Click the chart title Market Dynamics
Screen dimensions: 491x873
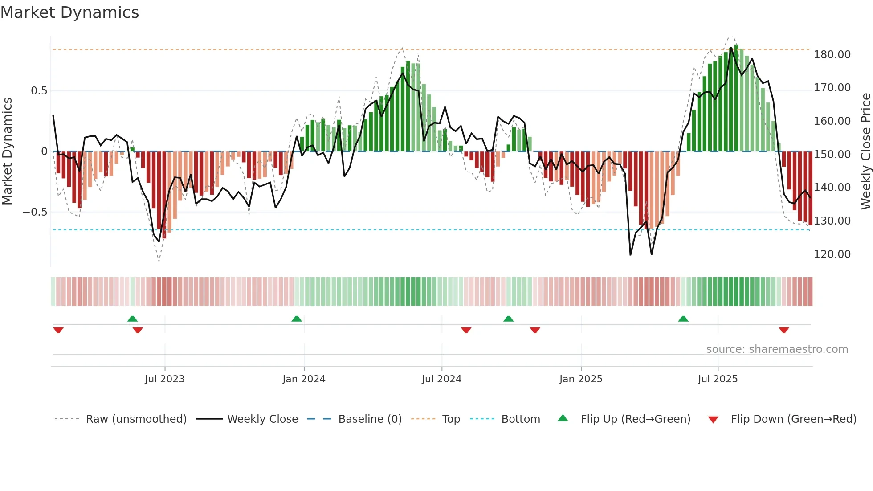[x=70, y=12]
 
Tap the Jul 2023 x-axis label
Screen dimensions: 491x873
[x=164, y=379]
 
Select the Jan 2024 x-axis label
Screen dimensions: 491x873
[x=304, y=379]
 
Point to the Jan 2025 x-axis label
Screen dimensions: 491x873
[x=581, y=379]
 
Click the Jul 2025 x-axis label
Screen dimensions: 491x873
[x=718, y=379]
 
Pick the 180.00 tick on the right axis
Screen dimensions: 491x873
[x=832, y=55]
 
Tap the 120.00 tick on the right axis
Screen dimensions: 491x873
[x=832, y=254]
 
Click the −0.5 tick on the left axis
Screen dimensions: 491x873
[x=35, y=212]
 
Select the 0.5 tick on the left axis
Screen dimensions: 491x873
[x=39, y=91]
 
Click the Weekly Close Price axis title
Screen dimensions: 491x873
[x=865, y=151]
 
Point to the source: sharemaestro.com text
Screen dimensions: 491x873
[x=777, y=349]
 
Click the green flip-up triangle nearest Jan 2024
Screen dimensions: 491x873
[x=297, y=319]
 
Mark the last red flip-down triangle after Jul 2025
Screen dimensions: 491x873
[x=784, y=330]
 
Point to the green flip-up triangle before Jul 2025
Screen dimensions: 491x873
[x=683, y=319]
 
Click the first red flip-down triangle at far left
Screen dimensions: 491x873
[x=58, y=330]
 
